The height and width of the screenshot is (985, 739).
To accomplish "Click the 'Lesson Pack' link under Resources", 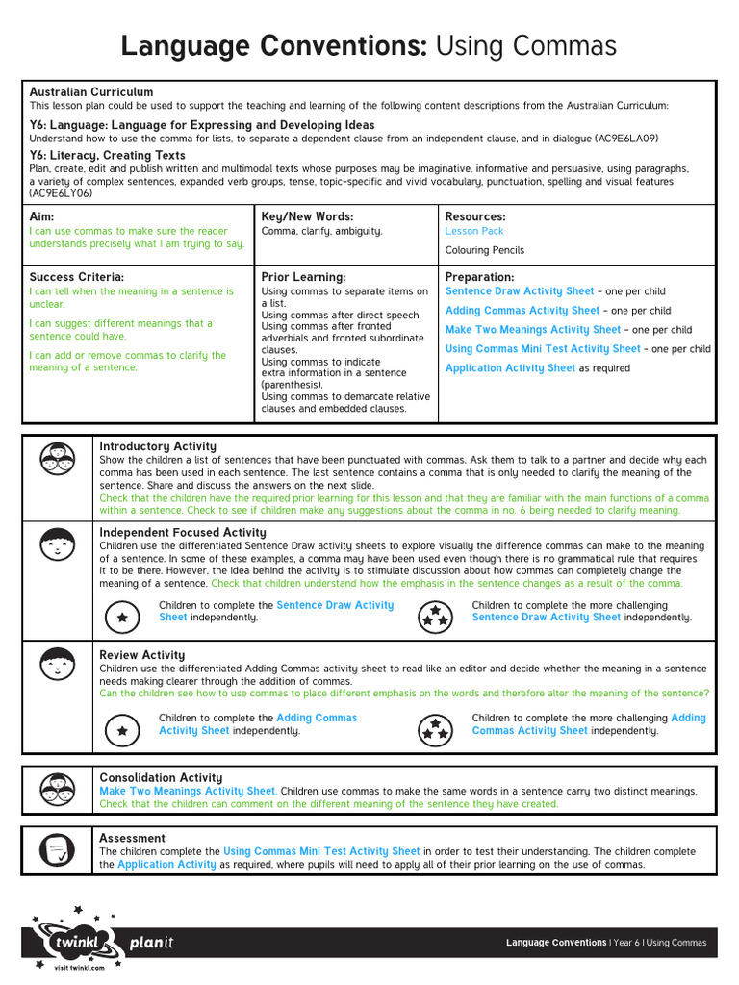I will [x=473, y=231].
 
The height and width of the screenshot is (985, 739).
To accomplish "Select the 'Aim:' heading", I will [x=42, y=217].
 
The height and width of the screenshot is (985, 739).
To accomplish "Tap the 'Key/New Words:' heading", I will [x=307, y=217].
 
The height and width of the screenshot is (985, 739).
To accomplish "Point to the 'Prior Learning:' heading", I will [x=303, y=277].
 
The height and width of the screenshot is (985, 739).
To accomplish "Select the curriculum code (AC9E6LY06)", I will [x=61, y=193].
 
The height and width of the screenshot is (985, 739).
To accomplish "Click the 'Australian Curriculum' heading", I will [x=91, y=92].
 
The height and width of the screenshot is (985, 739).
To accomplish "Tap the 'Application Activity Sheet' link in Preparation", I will [x=510, y=368].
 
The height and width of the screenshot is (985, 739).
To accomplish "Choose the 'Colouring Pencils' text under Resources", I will [x=485, y=250].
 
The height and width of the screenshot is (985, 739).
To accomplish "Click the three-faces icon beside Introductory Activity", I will [x=58, y=457].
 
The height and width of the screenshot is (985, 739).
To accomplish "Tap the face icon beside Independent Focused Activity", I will [x=58, y=545].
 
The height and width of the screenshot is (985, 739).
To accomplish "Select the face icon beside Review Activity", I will [x=58, y=664].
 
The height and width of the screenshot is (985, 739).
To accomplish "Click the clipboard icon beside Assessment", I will [x=58, y=849].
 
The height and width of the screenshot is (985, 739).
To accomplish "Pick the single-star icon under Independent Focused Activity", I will [x=122, y=617].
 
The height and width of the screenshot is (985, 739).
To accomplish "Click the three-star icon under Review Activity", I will [x=436, y=730].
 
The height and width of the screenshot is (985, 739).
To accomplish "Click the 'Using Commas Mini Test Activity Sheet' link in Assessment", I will [x=321, y=851].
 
